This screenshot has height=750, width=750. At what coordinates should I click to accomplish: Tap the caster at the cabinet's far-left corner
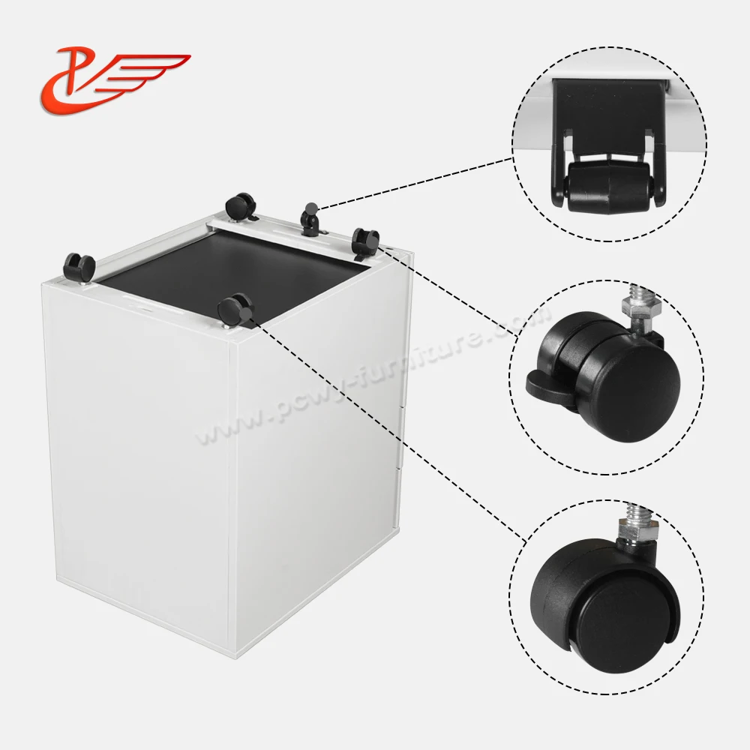coord(79,266)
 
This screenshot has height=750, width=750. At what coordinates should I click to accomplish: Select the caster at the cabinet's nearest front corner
coord(235,308)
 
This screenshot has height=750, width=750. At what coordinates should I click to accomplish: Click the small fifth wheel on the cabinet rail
coord(308,219)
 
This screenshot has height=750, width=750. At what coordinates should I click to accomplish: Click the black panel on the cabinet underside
coord(232,266)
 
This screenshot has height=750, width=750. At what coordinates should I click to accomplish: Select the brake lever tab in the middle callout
coord(544,383)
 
